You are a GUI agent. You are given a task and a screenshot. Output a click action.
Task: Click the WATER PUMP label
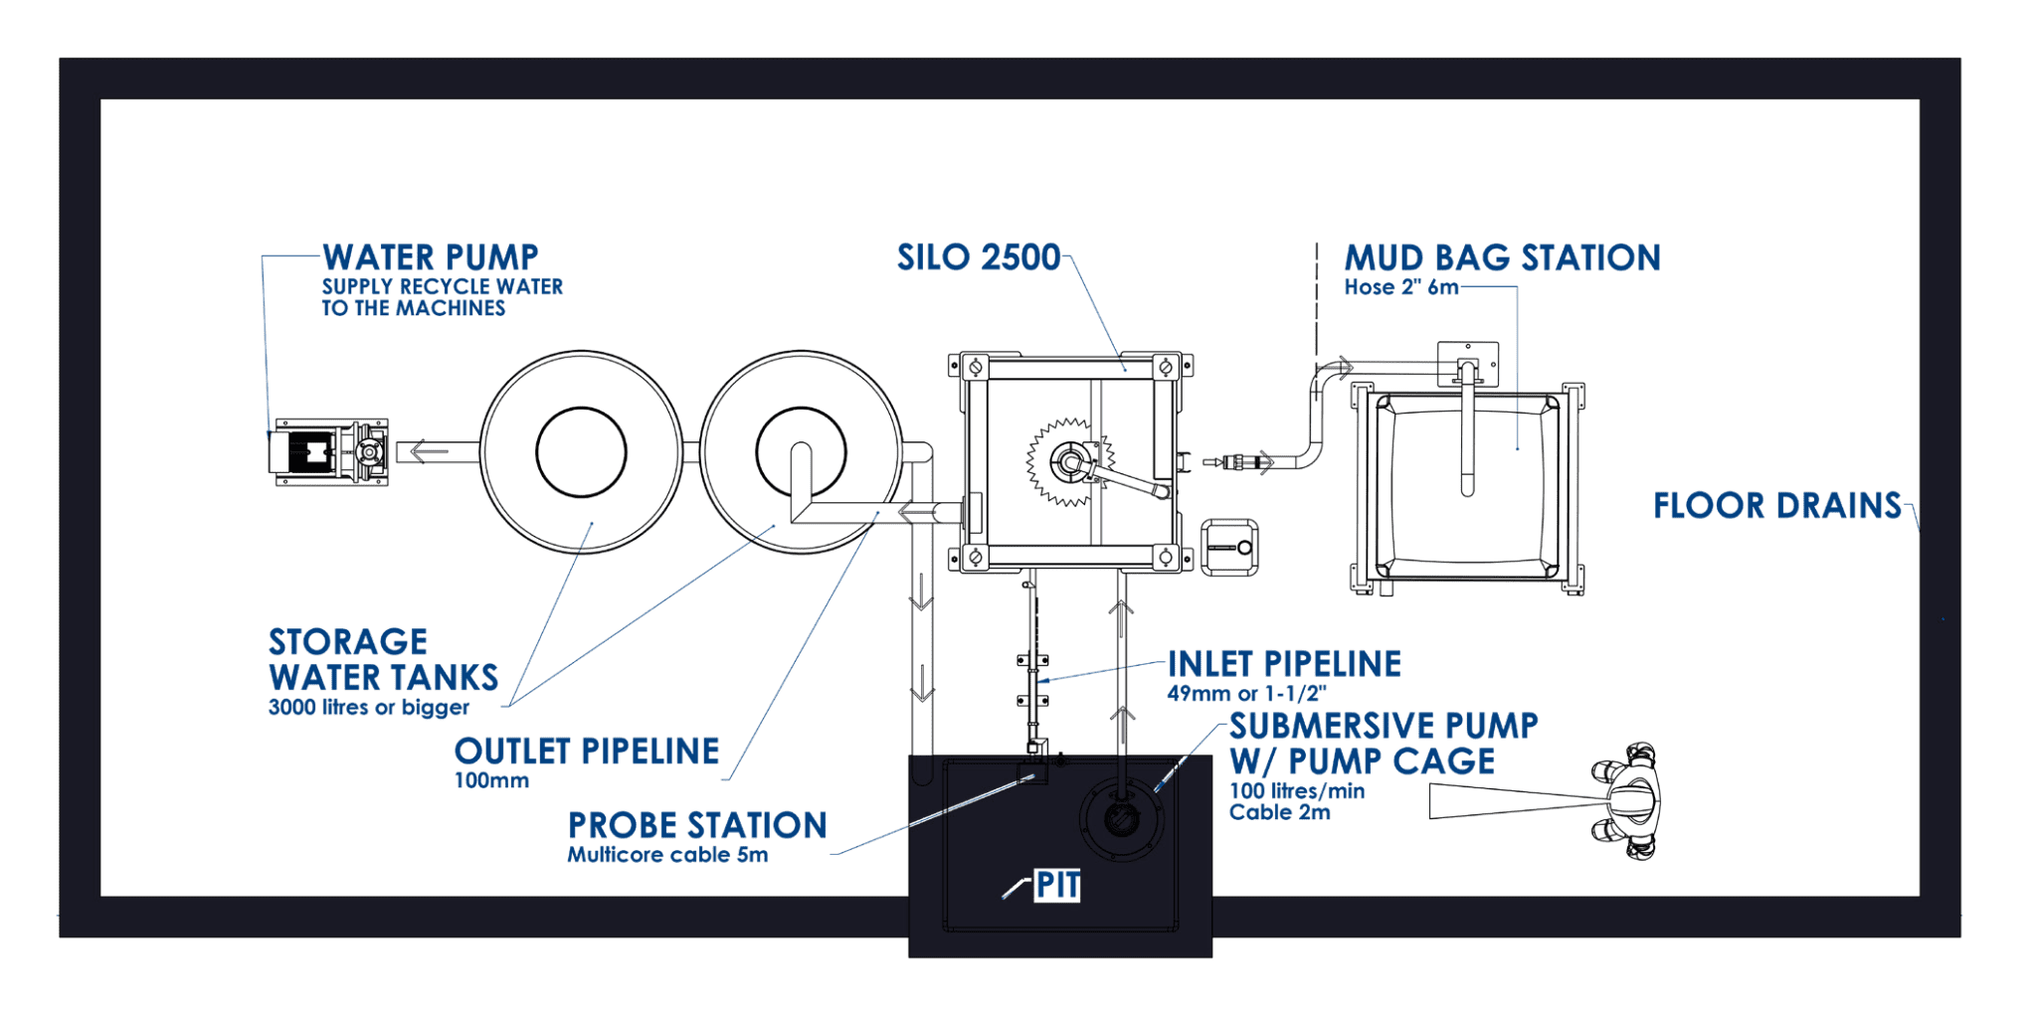point(430,257)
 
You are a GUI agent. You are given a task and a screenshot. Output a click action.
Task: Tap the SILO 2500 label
point(979,257)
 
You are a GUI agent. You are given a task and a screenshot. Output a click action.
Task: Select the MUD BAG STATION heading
point(1502,258)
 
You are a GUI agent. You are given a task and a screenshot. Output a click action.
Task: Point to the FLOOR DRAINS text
point(1776,506)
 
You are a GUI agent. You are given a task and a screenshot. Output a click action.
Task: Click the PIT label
point(1056,885)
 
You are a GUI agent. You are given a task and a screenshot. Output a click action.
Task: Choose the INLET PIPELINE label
point(1284,663)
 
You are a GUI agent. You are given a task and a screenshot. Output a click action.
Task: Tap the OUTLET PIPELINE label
point(586,751)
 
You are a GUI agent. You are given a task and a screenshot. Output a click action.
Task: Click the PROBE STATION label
point(696,825)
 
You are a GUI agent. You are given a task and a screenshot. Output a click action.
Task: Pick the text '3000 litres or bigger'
point(368,708)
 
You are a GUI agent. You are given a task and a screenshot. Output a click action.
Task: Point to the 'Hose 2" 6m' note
point(1400,287)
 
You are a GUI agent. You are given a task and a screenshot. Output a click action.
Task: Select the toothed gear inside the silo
point(1066,461)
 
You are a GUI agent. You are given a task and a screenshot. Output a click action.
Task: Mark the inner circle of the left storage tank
point(581,451)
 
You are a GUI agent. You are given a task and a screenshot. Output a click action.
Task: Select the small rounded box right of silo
point(1230,546)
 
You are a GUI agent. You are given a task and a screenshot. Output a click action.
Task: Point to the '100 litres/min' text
point(1297,791)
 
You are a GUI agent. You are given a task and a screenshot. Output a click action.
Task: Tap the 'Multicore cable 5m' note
point(666,855)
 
